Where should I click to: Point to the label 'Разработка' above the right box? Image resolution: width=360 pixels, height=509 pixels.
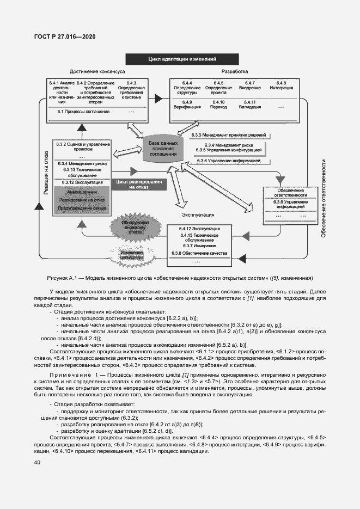(234, 72)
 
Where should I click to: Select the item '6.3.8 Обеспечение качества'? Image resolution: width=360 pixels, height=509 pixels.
(199, 254)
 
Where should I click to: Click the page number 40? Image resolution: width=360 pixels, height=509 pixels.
(37, 463)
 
